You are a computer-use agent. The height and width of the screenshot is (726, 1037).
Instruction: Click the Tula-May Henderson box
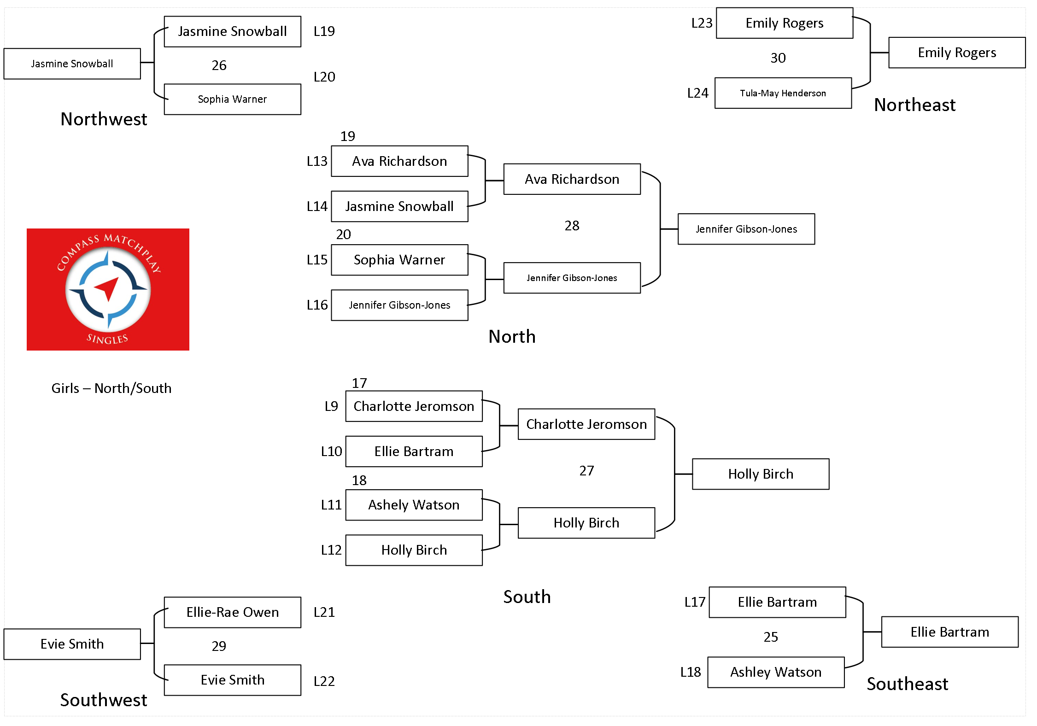(783, 93)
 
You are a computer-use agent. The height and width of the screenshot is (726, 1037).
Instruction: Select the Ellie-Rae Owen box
(233, 612)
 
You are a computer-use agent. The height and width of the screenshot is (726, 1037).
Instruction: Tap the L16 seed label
(317, 305)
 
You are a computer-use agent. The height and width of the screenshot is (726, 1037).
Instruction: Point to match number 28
(572, 226)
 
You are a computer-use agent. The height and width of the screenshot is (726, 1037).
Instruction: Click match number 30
(778, 58)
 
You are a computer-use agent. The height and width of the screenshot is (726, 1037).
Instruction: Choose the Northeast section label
(915, 105)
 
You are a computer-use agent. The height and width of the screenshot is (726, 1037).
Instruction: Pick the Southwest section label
(104, 700)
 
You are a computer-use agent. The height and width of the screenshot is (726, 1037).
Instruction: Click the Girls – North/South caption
(111, 388)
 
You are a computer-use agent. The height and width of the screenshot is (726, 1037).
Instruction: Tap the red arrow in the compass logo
(107, 289)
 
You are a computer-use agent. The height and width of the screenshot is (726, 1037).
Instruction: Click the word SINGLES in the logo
(107, 339)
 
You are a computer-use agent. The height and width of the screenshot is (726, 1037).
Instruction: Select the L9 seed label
(331, 406)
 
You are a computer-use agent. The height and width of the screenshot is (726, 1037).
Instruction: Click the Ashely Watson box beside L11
(414, 505)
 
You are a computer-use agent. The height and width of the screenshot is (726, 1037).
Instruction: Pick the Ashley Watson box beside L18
(776, 672)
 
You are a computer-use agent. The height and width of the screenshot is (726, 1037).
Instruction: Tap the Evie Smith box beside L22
(233, 680)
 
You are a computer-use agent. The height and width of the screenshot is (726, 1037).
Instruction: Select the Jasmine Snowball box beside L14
(400, 206)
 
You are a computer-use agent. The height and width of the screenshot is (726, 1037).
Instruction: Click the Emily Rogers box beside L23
(785, 23)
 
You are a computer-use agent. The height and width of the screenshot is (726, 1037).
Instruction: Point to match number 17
(359, 383)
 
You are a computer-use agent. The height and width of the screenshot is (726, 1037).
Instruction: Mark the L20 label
(324, 77)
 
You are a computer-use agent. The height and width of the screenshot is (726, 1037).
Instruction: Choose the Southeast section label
(908, 684)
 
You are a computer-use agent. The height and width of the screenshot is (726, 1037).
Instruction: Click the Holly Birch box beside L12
(414, 550)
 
